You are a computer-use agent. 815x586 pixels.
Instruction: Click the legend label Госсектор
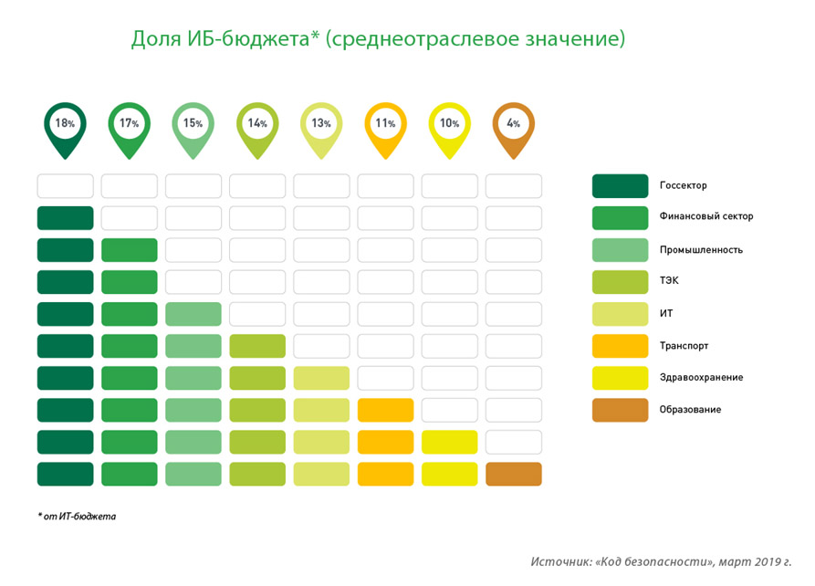coord(683,185)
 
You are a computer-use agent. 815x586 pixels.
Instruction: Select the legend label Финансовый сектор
coord(706,216)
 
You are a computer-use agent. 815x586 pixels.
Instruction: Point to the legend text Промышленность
coord(701,250)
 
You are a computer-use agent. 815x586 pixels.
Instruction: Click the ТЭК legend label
coord(669,281)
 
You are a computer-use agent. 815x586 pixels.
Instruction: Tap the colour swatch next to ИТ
coord(620,314)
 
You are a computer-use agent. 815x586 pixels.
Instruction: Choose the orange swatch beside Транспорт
coord(620,346)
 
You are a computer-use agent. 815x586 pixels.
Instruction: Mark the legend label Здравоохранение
coord(701,378)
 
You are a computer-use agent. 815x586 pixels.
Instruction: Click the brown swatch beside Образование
coord(620,410)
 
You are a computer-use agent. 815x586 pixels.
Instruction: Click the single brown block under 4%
coord(514,475)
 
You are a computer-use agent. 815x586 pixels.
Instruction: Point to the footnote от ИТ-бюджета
coord(79,517)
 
